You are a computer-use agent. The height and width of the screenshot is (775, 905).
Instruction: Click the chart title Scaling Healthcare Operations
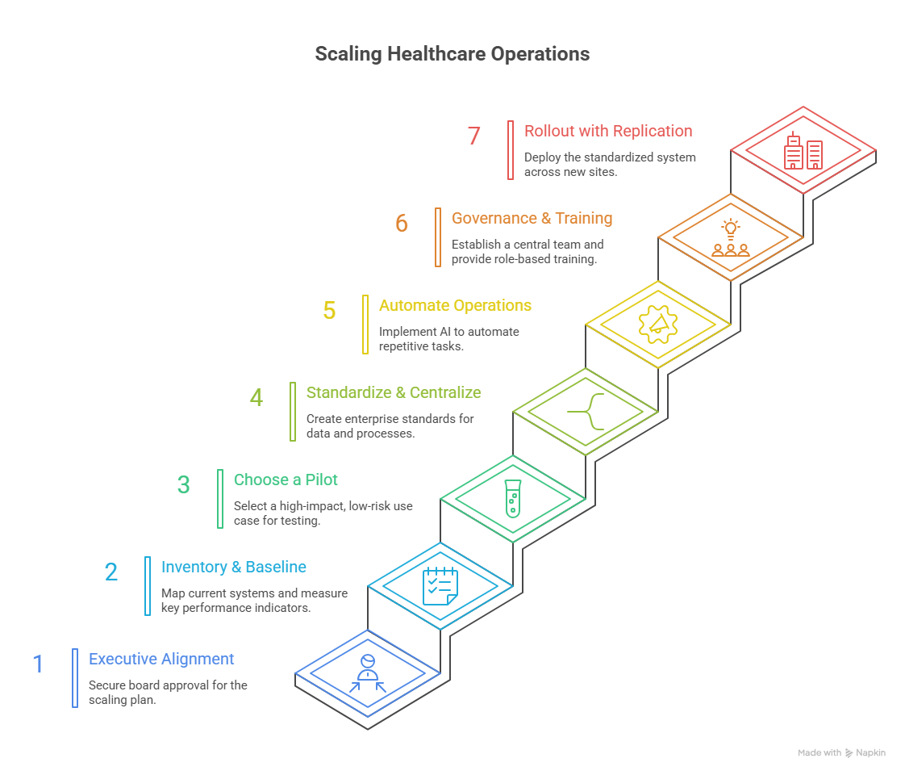452,54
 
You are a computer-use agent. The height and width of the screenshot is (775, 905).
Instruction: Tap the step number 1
38,664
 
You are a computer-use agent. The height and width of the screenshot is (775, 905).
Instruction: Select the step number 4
256,398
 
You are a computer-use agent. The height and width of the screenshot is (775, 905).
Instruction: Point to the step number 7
473,136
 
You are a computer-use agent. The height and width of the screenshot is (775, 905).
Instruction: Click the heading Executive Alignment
161,659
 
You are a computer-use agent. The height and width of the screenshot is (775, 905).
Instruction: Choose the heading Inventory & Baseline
233,567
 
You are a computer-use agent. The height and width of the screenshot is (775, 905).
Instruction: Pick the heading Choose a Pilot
286,480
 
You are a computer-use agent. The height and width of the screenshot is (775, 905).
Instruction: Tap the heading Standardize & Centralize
394,392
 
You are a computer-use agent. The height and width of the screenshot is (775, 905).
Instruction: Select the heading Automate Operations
455,305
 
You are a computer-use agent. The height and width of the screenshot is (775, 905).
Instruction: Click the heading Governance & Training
532,218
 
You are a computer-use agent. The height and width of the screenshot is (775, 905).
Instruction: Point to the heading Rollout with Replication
608,131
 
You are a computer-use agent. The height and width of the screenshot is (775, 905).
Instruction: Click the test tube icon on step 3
512,498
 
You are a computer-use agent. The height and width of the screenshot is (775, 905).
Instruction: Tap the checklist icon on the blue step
440,586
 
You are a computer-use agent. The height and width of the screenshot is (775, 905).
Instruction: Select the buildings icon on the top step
803,151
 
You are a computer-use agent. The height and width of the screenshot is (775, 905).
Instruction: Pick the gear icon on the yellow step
657,324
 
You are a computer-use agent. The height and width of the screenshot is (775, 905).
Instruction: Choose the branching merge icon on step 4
586,412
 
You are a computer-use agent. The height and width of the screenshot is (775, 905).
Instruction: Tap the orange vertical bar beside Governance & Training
438,237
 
